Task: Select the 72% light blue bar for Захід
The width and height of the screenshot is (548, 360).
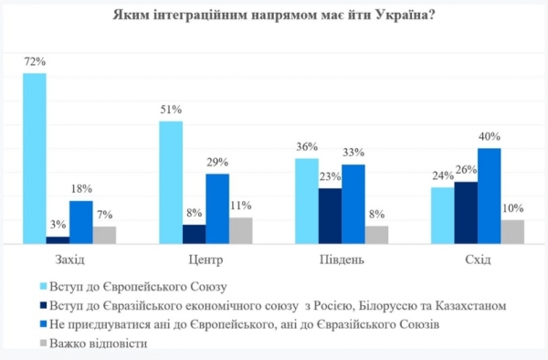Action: click(35, 158)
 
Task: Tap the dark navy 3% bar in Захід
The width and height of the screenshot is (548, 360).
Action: click(58, 240)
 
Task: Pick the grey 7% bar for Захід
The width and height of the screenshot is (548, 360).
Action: click(105, 235)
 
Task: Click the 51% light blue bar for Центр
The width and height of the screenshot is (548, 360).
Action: click(171, 183)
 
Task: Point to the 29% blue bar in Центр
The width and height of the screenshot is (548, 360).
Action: click(217, 209)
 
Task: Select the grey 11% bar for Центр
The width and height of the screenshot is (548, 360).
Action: click(240, 230)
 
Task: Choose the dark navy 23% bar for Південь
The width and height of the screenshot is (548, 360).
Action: click(330, 217)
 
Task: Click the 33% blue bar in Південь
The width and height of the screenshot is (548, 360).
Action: click(353, 205)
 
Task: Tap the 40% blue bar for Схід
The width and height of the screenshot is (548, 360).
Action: click(490, 196)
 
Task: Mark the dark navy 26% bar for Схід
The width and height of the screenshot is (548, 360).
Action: click(466, 213)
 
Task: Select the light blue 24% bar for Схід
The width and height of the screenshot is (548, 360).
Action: click(443, 216)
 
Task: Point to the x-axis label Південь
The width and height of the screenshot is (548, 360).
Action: click(342, 259)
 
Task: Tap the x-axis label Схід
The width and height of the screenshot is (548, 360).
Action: click(478, 259)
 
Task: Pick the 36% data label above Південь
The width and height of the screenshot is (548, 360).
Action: click(307, 148)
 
